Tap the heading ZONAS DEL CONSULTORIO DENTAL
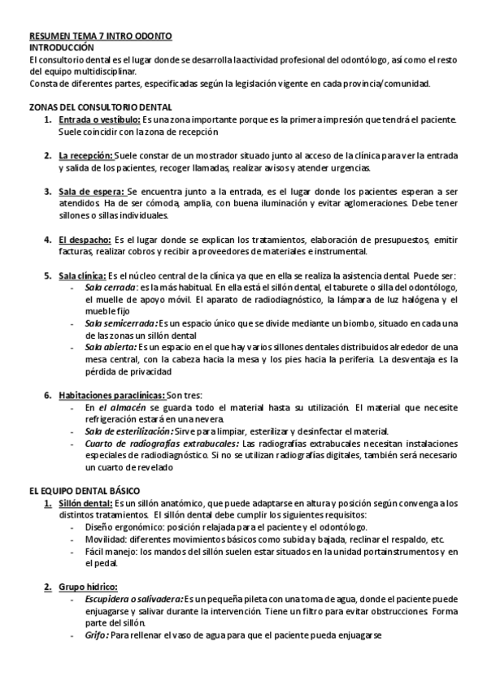(x=100, y=107)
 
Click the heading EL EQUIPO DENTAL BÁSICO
(x=85, y=491)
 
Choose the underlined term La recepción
(x=85, y=155)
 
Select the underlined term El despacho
(x=85, y=240)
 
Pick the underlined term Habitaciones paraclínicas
(x=109, y=394)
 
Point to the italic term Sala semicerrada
(x=120, y=323)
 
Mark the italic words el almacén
(x=123, y=407)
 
